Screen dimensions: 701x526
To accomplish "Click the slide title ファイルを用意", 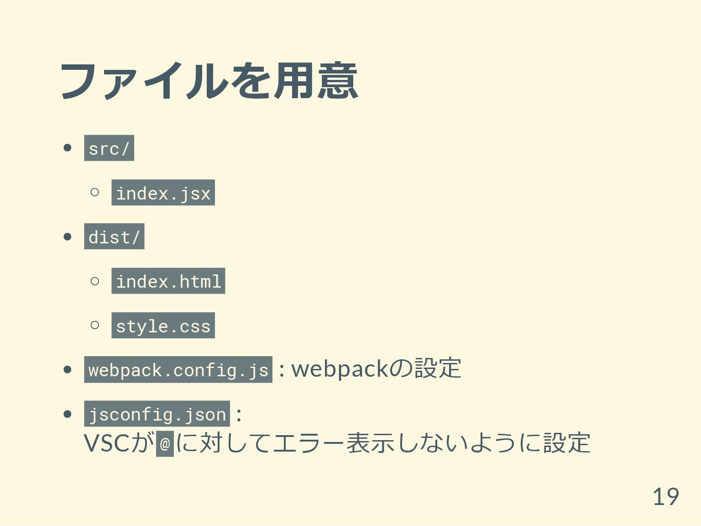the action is tap(209, 81).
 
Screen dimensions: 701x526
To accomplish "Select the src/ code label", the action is tap(109, 148).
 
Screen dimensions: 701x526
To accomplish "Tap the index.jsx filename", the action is tap(163, 193).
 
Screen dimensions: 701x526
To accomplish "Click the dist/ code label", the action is tap(114, 237).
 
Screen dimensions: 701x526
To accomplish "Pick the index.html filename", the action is tap(168, 281).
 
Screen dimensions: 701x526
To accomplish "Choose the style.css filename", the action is tap(163, 326).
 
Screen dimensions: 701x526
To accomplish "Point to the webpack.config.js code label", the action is tap(178, 369).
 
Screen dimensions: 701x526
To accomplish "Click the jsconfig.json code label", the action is tap(157, 414).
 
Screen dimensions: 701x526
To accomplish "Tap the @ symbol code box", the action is tap(165, 443).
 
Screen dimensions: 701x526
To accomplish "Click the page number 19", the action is tap(665, 496).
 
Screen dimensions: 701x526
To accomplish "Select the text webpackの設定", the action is tap(376, 368).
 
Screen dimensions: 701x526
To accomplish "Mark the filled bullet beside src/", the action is tap(68, 148).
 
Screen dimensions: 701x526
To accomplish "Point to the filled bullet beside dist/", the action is tap(68, 237).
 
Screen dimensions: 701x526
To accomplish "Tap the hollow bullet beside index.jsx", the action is tap(95, 192).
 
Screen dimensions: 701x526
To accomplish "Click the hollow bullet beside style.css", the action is tap(95, 325).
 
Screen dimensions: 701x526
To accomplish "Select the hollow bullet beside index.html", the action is tap(95, 281).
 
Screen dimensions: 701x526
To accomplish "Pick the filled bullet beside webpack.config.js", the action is tap(68, 369).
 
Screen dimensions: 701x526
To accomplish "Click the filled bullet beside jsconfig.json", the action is tap(68, 414).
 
